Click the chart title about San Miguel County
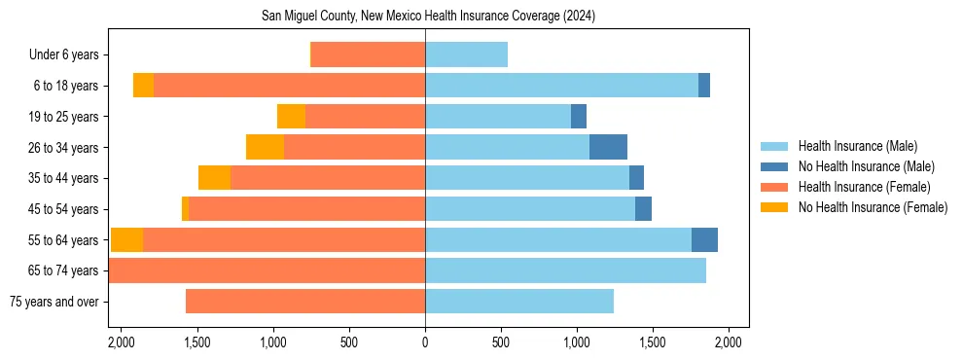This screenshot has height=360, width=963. [428, 17]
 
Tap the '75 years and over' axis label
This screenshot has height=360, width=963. [53, 302]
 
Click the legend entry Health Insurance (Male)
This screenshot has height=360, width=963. [857, 146]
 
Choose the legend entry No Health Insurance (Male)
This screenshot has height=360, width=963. [866, 166]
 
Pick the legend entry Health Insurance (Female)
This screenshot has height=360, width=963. [864, 187]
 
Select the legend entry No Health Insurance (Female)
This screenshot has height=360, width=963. [873, 207]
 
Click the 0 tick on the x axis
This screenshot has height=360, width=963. [425, 342]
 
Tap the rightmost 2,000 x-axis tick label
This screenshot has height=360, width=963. [729, 342]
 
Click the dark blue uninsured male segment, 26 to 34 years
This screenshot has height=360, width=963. [608, 147]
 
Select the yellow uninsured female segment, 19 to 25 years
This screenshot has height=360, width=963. [291, 116]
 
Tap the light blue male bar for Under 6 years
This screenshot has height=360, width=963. [466, 54]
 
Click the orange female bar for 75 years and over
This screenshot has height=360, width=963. [305, 302]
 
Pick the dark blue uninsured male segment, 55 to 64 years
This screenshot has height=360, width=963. [704, 239]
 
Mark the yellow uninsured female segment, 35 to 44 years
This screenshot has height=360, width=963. [214, 178]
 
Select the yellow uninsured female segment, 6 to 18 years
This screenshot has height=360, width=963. [143, 86]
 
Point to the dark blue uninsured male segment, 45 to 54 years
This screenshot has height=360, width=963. [643, 208]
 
